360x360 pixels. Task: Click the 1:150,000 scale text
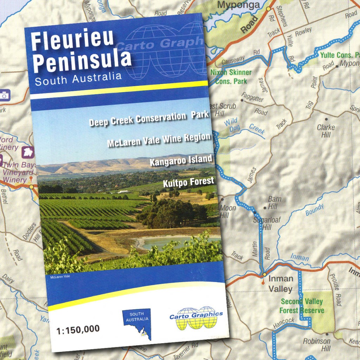pyautogui.click(x=78, y=329)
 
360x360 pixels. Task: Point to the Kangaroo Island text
pyautogui.click(x=181, y=160)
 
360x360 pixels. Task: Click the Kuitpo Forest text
pyautogui.click(x=188, y=182)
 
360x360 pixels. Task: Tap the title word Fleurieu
pyautogui.click(x=72, y=40)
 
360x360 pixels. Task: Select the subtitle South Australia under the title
pyautogui.click(x=78, y=79)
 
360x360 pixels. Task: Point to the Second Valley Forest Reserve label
pyautogui.click(x=302, y=306)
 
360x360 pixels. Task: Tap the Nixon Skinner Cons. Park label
pyautogui.click(x=231, y=77)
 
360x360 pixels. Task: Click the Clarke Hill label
pyautogui.click(x=326, y=131)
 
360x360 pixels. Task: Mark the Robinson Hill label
pyautogui.click(x=317, y=345)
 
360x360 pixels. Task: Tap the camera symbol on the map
pyautogui.click(x=4, y=95)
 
